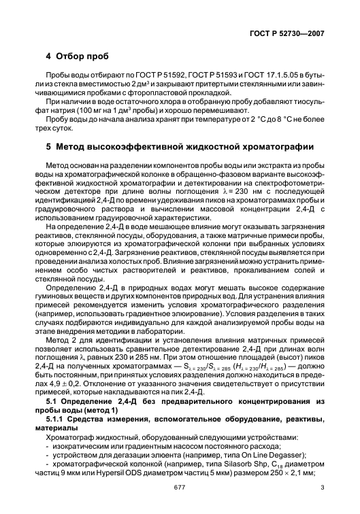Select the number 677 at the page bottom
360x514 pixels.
click(180, 496)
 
